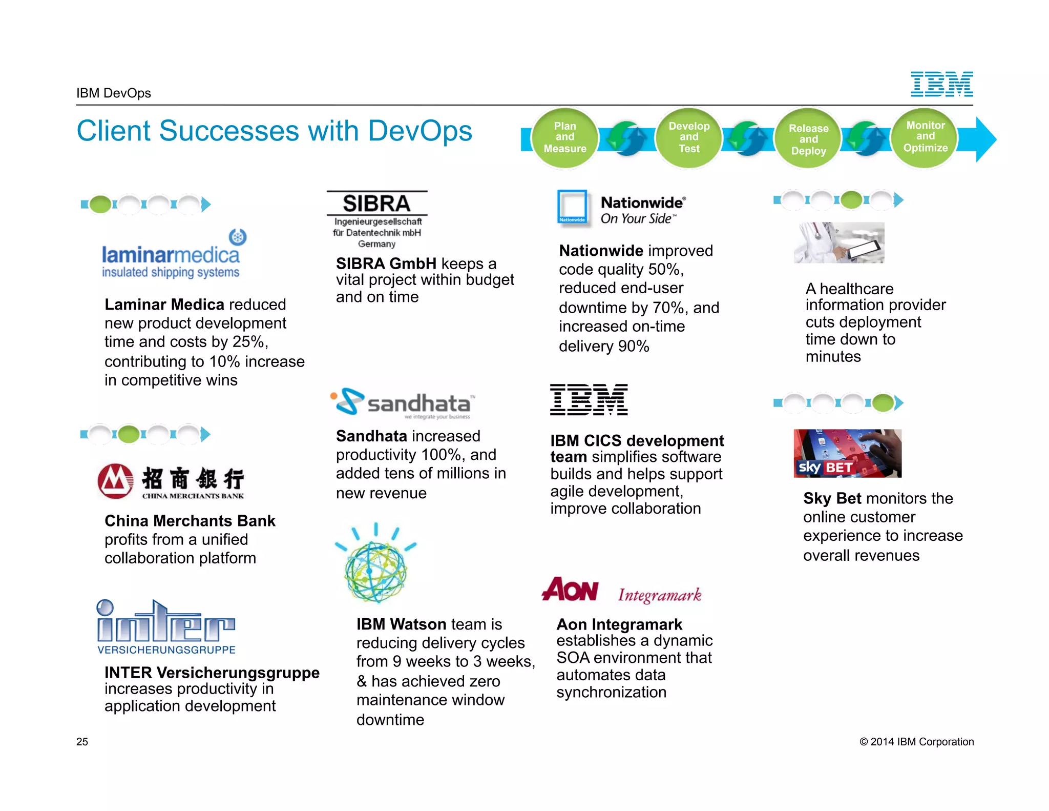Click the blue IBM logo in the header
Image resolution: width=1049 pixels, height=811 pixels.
[x=941, y=85]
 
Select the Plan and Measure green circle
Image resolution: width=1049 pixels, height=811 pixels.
[x=565, y=137]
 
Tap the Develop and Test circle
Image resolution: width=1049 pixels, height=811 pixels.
[x=689, y=137]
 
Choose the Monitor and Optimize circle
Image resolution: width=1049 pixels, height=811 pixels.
[x=925, y=137]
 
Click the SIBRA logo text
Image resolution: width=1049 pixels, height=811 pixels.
[x=376, y=204]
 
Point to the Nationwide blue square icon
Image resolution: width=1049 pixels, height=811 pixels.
[x=572, y=207]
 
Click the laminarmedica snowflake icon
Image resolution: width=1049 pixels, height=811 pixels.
[x=238, y=237]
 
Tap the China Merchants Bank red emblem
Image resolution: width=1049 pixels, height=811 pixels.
[x=115, y=481]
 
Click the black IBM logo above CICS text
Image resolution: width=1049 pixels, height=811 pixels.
[x=589, y=399]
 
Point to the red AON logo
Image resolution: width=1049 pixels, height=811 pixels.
[x=570, y=590]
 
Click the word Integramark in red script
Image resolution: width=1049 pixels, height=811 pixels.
[x=660, y=595]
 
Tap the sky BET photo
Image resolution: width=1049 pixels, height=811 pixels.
[x=847, y=453]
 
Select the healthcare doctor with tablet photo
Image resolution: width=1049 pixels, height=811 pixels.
[x=839, y=242]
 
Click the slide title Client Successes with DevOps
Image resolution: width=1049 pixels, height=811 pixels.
[x=274, y=131]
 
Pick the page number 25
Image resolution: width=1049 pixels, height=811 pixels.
[x=82, y=742]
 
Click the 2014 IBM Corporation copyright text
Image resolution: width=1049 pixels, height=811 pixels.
[x=916, y=742]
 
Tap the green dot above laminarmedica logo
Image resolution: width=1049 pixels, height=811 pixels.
[x=100, y=204]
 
